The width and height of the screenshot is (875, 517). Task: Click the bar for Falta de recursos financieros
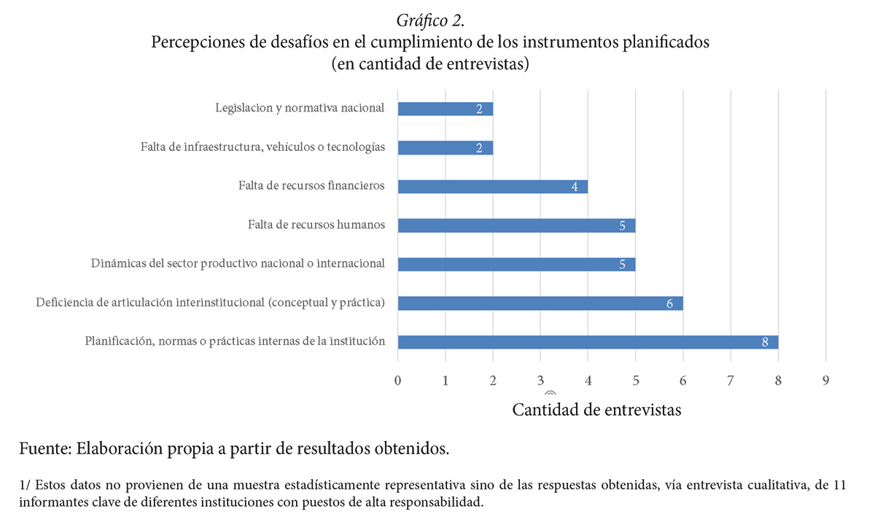tap(492, 186)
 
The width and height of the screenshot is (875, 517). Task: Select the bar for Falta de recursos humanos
tap(516, 225)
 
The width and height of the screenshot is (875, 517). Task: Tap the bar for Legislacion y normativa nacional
tap(445, 109)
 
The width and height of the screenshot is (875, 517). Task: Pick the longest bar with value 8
tap(588, 342)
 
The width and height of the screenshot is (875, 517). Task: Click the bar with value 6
tap(540, 303)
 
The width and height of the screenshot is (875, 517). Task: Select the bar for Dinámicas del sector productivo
tap(516, 264)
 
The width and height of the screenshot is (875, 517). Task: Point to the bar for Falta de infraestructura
tap(445, 147)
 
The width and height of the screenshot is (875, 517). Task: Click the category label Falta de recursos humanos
tap(316, 225)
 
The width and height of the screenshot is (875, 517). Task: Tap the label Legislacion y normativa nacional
tap(300, 108)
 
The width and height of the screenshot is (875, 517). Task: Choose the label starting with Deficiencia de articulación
tap(211, 302)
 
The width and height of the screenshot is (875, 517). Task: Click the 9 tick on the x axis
tap(825, 381)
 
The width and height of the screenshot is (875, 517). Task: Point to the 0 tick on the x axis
tap(397, 381)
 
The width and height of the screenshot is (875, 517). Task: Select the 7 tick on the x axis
tap(731, 381)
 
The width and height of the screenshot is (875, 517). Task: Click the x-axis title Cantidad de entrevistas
tap(596, 410)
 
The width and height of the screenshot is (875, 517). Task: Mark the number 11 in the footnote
tap(839, 485)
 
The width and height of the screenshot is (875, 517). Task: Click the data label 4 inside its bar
tap(575, 187)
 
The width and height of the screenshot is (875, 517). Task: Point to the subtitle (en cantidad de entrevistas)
tap(430, 64)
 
